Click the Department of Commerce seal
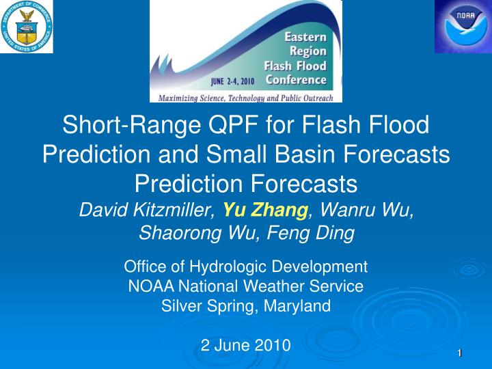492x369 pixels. point(27,27)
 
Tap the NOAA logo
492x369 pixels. point(463,27)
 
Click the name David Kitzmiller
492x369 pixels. point(148,210)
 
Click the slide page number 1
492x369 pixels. point(460,352)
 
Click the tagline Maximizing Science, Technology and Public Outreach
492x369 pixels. point(246,98)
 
